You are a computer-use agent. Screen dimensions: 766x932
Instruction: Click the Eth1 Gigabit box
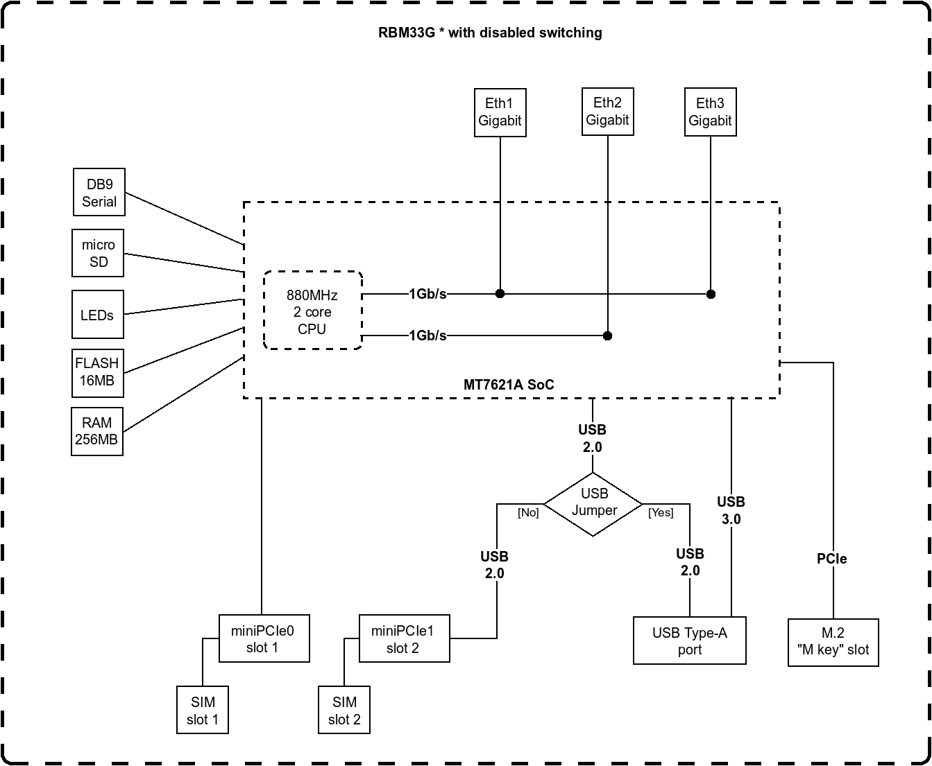tap(500, 112)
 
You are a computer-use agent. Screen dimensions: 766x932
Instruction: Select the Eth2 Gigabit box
tap(607, 112)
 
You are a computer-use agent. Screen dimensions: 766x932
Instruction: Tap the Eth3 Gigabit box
tap(710, 112)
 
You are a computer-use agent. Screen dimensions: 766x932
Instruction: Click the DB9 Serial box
tap(99, 193)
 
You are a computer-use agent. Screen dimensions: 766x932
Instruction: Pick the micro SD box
tap(99, 254)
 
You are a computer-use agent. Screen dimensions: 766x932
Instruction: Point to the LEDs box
tap(97, 315)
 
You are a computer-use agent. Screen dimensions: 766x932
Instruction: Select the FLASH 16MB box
tap(97, 372)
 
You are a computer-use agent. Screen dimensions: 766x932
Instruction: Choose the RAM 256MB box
tap(97, 431)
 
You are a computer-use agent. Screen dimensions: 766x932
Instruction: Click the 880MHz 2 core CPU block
tap(312, 311)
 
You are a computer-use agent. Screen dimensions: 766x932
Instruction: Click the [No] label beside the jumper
tap(528, 513)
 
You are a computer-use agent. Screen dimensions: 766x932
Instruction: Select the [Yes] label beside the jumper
tap(661, 513)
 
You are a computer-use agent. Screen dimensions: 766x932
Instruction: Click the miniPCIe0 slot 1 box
tap(264, 638)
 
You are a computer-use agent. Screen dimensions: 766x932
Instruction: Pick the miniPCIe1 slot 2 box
tap(403, 638)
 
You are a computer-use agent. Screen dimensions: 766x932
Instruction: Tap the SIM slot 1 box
tap(203, 710)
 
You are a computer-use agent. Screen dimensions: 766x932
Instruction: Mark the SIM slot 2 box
tap(344, 710)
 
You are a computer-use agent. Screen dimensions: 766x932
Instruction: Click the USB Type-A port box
tap(689, 641)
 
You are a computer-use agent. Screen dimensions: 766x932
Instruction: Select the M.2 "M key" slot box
tap(833, 642)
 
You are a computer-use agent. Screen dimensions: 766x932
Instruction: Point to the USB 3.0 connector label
tap(731, 510)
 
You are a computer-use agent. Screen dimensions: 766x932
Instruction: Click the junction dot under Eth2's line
tap(607, 336)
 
